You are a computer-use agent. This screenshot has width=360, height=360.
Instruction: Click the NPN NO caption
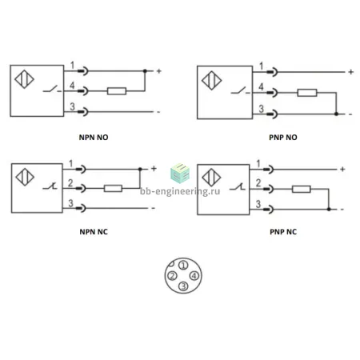coord(94,138)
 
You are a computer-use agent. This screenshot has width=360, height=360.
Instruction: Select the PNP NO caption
coord(283,138)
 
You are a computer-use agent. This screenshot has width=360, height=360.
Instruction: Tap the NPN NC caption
coord(94,232)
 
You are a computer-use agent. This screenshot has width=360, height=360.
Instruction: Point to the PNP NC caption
coord(283,232)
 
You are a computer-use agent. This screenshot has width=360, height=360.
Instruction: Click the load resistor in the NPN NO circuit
coord(117,91)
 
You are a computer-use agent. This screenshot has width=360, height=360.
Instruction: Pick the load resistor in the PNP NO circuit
coord(307,93)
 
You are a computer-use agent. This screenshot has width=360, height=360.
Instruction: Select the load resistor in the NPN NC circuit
coord(113,188)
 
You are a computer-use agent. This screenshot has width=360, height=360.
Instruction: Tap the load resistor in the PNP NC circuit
coord(302,189)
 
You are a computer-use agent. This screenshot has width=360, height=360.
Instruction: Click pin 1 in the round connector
coord(183,266)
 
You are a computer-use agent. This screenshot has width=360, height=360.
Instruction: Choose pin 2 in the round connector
coord(172,275)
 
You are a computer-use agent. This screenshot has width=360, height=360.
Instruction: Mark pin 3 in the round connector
coord(183,286)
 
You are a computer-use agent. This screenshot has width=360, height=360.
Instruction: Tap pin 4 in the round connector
coord(194,275)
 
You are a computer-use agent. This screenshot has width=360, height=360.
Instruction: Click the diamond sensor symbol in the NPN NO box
coord(24,79)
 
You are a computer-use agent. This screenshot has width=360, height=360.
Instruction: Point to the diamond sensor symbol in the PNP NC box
coord(211,178)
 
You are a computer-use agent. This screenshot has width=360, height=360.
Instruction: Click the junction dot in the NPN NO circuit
coord(145,71)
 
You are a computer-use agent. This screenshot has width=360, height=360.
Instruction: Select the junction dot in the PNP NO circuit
coord(336,114)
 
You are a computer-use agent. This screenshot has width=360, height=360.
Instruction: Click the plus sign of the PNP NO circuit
coord(351,72)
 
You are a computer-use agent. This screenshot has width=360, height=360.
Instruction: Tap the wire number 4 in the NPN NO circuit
coord(72,86)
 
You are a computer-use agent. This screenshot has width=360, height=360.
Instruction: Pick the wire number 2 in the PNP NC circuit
coord(258,183)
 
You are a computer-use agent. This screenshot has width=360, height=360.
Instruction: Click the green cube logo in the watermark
coord(180,173)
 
